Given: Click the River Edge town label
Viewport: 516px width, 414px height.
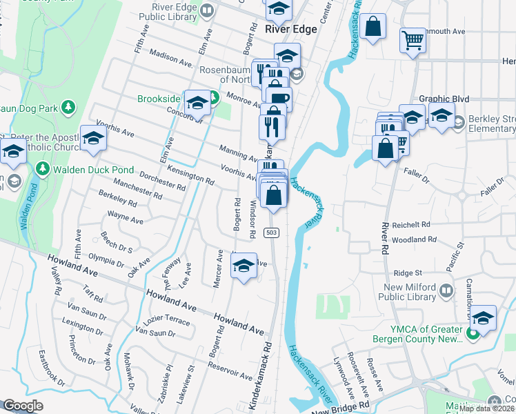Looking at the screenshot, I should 291,29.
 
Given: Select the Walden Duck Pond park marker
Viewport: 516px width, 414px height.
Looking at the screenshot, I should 42,168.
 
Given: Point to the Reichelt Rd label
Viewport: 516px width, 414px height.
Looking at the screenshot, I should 410,225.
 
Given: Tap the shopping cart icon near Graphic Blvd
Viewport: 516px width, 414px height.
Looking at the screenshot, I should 413,41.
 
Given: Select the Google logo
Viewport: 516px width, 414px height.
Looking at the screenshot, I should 23,406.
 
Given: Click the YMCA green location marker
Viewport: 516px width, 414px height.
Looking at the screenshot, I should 473,335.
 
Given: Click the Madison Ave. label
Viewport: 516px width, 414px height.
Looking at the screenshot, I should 170,60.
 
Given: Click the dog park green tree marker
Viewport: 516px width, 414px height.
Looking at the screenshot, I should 68,107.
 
